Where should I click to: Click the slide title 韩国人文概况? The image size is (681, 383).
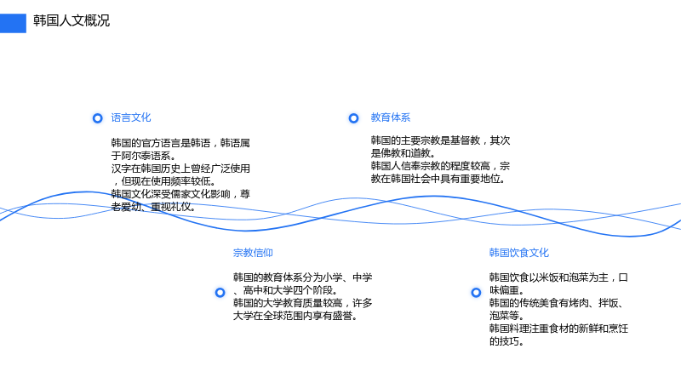click(x=72, y=20)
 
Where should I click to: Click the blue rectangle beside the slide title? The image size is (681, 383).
click(x=13, y=23)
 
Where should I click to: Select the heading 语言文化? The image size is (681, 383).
click(x=131, y=117)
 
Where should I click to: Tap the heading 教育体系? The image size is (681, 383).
click(x=391, y=117)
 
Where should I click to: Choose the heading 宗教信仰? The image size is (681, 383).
click(x=253, y=253)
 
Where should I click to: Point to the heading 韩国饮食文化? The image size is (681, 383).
click(x=519, y=253)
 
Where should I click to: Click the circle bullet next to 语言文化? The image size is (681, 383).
click(x=98, y=118)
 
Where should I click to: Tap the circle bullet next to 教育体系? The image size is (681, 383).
click(x=353, y=118)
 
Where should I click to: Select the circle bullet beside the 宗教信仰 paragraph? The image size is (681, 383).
click(x=220, y=293)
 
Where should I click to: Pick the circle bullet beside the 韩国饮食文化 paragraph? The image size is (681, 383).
click(x=476, y=293)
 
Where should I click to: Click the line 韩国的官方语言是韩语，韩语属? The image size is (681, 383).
click(x=180, y=143)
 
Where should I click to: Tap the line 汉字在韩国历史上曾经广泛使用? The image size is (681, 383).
click(x=180, y=169)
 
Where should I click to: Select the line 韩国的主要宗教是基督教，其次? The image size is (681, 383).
click(x=440, y=140)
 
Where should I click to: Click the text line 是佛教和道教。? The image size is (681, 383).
click(x=403, y=153)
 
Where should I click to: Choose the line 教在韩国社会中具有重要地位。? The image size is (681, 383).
click(x=438, y=179)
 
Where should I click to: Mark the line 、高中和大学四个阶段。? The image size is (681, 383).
click(x=285, y=290)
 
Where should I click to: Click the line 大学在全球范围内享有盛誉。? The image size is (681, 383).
click(x=295, y=316)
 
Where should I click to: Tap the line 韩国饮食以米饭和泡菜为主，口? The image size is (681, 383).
click(x=558, y=277)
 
